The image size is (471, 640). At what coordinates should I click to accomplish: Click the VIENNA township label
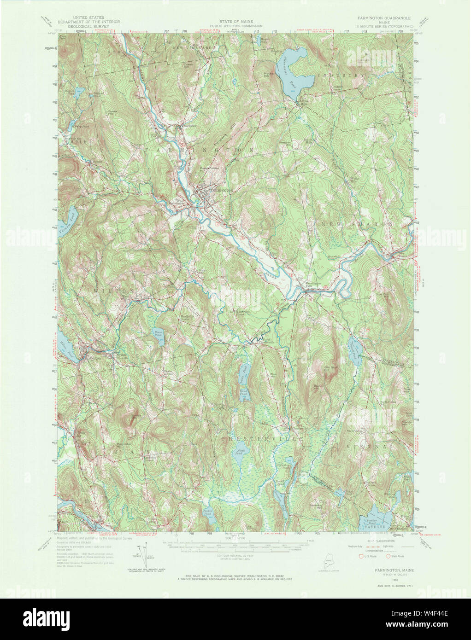[364, 447]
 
